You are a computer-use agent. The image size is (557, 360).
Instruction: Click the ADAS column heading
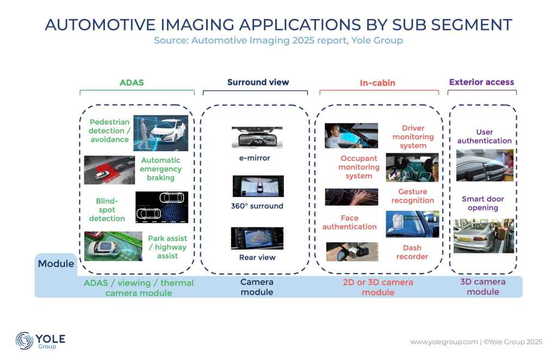132,83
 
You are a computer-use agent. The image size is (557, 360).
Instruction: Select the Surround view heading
258,82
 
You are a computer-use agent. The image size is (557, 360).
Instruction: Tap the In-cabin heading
377,83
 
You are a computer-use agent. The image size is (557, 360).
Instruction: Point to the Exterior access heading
481,82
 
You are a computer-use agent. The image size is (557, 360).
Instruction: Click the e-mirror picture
257,137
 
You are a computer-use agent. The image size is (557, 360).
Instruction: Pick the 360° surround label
257,206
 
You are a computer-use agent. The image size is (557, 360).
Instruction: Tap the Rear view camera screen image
257,238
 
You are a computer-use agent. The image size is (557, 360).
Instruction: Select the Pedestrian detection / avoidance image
160,133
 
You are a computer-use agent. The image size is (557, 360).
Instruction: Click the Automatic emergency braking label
160,169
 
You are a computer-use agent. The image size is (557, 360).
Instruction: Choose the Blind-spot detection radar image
162,207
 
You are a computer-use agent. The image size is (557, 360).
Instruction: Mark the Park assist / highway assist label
168,247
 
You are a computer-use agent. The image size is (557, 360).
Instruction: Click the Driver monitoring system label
413,136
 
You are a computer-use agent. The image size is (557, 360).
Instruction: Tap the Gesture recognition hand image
352,197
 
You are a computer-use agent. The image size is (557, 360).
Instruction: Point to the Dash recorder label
412,252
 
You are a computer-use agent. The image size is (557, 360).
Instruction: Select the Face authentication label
350,222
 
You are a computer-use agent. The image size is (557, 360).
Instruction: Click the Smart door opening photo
484,235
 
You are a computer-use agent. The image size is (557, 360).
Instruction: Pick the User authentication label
485,136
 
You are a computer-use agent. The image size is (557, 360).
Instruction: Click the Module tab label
56,264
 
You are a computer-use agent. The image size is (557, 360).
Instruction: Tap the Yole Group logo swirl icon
24,340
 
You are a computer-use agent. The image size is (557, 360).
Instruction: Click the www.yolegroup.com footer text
444,342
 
